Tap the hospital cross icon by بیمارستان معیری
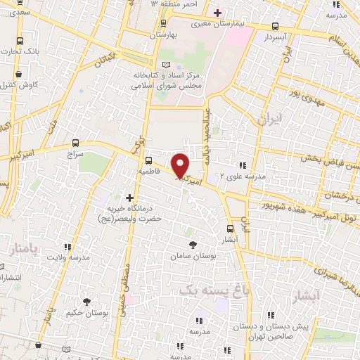pos(217,13)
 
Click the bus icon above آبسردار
pos(274,27)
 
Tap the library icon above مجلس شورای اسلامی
pos(166,64)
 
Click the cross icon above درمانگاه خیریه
pos(129,199)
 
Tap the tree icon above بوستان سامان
pos(193,245)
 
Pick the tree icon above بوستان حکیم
pos(86,302)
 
